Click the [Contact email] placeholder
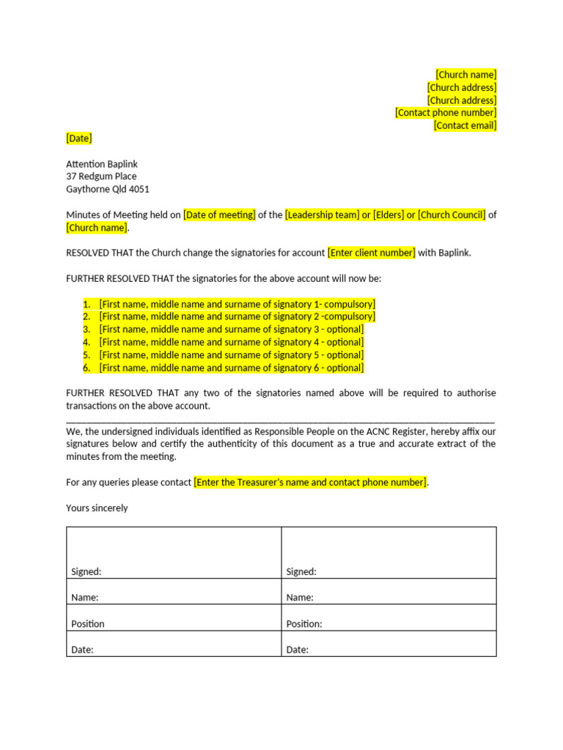coord(465,125)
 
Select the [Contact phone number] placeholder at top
coord(446,113)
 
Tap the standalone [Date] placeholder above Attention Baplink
coord(79,138)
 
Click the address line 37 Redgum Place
coord(101,177)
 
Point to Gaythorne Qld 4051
coord(108,189)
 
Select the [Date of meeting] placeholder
coord(219,215)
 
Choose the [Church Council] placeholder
coord(452,215)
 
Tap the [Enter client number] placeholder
coord(372,253)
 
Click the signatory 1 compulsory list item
coord(237,304)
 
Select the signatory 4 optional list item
coord(231,342)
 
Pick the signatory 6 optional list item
coord(231,368)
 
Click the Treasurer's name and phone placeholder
coord(310,482)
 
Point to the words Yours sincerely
coord(97,508)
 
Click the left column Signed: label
coord(87,572)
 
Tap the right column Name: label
coord(300,598)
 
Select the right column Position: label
coord(304,624)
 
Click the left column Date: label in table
coord(82,650)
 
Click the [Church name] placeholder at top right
coord(466,75)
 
